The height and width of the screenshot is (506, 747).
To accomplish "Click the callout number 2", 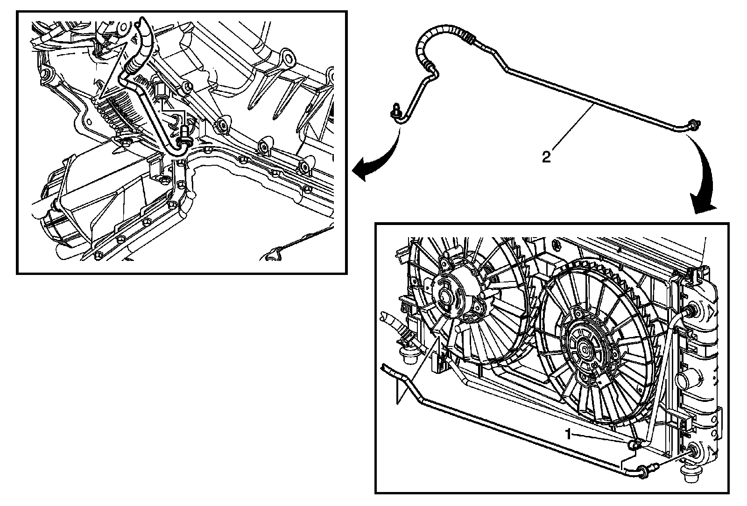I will [x=546, y=156].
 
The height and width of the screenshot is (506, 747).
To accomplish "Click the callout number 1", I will [x=568, y=434].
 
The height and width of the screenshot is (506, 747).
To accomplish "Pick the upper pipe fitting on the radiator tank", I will [x=691, y=309].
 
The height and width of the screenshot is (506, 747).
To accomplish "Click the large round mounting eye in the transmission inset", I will [x=288, y=59].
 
